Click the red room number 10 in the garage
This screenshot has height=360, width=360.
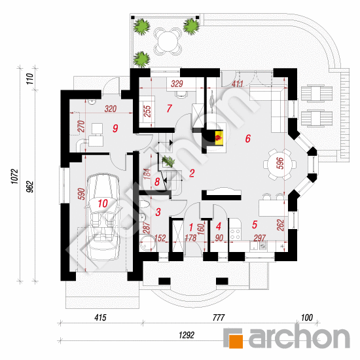103,203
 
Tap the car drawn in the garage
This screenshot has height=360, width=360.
103,217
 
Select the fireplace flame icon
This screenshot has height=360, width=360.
219,138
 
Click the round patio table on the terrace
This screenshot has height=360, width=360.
168,41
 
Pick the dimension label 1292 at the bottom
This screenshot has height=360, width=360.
187,335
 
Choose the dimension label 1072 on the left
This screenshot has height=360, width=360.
14,176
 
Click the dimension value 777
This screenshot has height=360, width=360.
219,317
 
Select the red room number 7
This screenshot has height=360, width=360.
170,109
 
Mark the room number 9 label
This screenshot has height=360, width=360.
115,128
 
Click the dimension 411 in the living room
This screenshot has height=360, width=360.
237,84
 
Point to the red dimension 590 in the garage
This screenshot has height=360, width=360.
82,194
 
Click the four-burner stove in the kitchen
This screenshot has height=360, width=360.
235,234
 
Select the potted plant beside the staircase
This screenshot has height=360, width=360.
168,161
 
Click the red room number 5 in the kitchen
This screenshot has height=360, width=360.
255,225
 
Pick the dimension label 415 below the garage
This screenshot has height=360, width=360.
100,317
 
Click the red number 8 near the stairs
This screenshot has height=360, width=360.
157,182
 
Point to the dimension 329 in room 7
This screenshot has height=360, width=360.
177,84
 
